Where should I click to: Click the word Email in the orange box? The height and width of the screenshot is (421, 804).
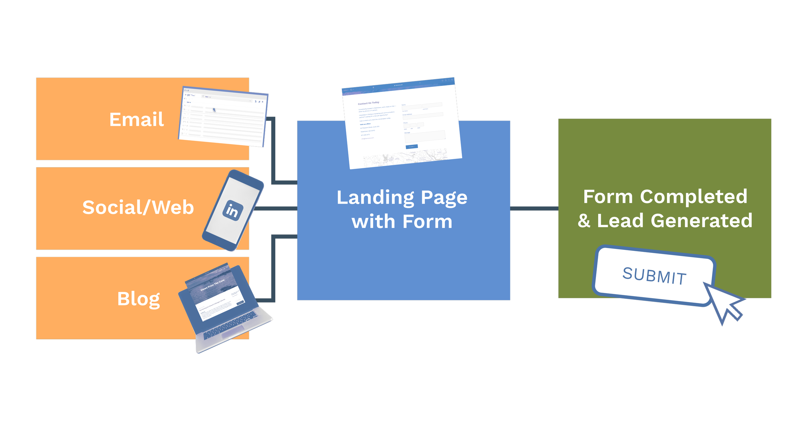pos(137,120)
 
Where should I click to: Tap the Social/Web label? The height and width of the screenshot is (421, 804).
pos(138,207)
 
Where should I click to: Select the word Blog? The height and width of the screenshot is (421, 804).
pos(139,299)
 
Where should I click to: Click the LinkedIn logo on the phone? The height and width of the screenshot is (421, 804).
pos(233,211)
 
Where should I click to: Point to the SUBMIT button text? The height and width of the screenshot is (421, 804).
pos(654,276)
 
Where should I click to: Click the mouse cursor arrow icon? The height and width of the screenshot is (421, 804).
pos(724,303)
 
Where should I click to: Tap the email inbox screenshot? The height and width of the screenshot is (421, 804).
pos(223,116)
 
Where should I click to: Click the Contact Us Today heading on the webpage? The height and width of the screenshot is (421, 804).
pos(369,103)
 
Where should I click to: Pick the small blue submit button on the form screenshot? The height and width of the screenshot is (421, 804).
pos(412,147)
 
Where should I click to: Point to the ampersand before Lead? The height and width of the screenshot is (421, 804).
pos(584,221)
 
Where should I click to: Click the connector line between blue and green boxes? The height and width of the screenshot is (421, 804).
pos(534,208)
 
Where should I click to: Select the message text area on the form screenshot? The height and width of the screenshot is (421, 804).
pos(425,136)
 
